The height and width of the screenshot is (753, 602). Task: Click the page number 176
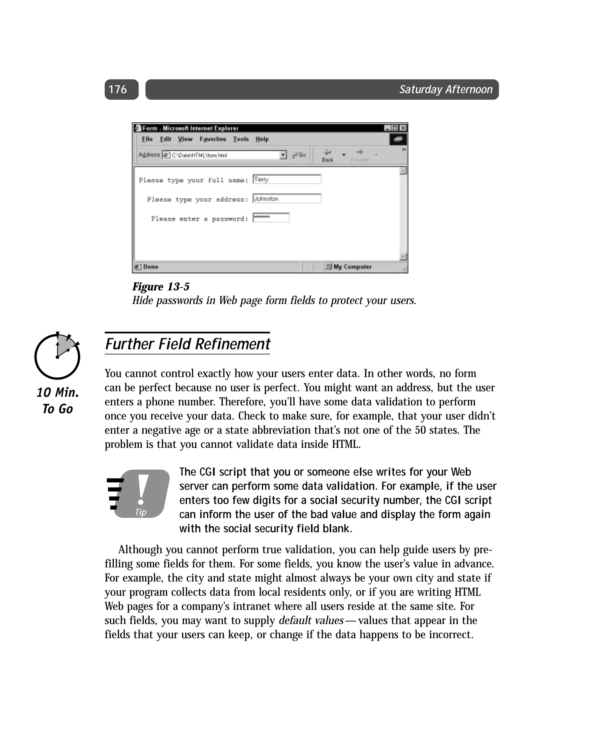click(118, 89)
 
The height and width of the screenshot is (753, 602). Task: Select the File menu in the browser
click(147, 139)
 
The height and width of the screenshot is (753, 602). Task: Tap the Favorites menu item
click(213, 139)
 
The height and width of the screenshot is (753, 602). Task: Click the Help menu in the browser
click(262, 139)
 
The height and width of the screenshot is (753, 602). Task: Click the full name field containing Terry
click(287, 179)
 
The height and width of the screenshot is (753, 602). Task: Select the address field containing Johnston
click(287, 198)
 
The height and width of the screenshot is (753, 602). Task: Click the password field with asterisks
click(271, 217)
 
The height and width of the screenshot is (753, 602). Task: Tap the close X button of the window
click(403, 128)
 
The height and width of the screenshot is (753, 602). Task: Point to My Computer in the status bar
click(352, 267)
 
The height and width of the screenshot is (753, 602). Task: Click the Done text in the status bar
click(150, 267)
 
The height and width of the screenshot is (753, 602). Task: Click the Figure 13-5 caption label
click(161, 287)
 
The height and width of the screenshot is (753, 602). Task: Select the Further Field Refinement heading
click(188, 344)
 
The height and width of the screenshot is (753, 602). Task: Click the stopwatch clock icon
click(57, 356)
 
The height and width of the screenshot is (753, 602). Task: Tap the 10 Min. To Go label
click(58, 401)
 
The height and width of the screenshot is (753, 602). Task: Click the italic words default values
click(311, 620)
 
